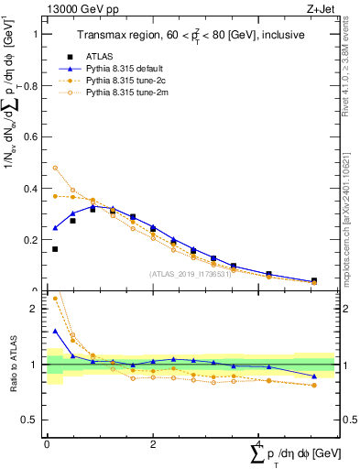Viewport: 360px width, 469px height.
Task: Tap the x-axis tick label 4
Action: tap(258, 444)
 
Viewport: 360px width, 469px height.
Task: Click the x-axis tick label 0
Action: tap(47, 444)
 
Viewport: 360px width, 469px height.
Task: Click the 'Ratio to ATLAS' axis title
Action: tap(13, 366)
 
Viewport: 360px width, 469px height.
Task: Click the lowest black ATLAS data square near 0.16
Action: tap(55, 249)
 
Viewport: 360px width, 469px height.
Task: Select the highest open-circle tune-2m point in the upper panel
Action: tap(55, 168)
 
